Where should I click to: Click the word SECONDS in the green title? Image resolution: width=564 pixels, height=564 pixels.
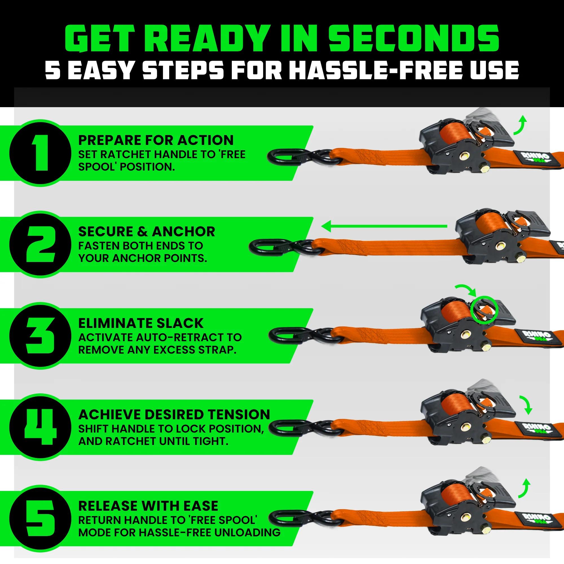[x=414, y=39]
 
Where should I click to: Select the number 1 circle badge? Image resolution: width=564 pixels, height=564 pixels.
[x=41, y=153]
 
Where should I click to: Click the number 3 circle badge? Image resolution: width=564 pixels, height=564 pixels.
[x=41, y=336]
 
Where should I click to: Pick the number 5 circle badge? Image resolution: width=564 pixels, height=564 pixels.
[x=41, y=519]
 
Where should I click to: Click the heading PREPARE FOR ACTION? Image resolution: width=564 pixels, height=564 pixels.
[x=156, y=140]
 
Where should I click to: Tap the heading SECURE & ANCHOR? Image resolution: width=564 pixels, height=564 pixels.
[x=147, y=232]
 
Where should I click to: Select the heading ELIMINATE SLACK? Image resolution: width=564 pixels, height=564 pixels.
[x=141, y=323]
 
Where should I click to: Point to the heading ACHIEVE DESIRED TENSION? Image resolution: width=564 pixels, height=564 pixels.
[x=174, y=415]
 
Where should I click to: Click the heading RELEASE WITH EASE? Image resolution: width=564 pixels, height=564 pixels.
[x=148, y=506]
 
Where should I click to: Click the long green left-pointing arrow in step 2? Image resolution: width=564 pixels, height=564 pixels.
[x=384, y=226]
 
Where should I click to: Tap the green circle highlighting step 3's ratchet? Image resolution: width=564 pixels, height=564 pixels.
[x=484, y=310]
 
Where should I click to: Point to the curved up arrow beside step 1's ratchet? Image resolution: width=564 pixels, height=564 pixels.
[x=521, y=125]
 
